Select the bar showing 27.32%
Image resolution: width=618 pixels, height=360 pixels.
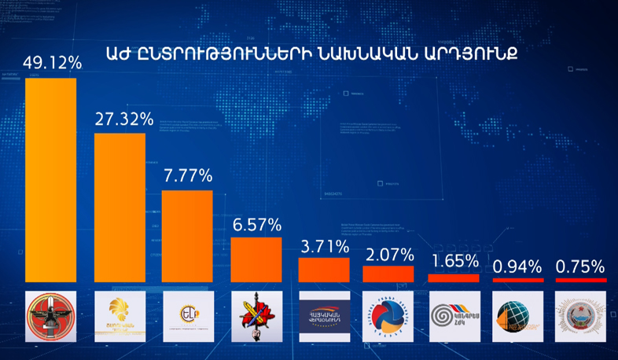click(x=120, y=207)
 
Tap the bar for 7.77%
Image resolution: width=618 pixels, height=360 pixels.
click(x=187, y=236)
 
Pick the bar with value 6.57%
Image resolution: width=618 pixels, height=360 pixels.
click(x=256, y=259)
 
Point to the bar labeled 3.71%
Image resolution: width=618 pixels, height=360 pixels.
click(x=324, y=270)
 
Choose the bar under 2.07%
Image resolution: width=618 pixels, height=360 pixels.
click(x=388, y=274)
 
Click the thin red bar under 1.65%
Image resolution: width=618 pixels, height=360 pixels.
click(x=453, y=277)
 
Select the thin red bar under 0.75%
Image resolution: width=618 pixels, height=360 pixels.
click(x=580, y=280)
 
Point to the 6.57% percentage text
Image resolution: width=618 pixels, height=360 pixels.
click(x=256, y=224)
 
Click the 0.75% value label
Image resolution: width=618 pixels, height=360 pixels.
click(x=580, y=266)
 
